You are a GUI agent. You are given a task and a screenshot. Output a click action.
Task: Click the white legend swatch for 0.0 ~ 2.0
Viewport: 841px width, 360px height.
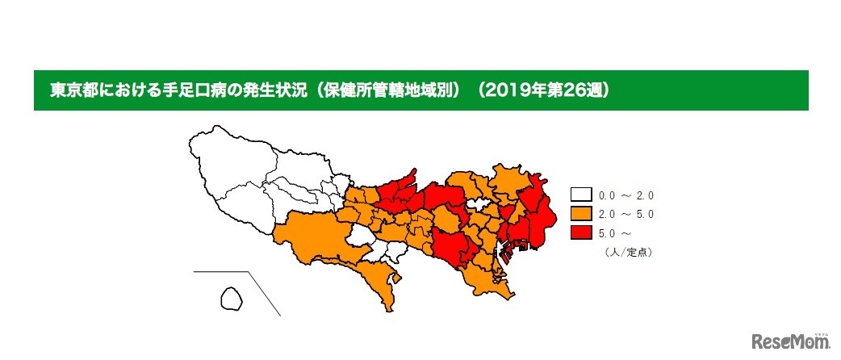(x=580, y=195)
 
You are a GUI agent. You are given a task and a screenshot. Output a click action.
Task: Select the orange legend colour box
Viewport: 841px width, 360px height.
(x=580, y=214)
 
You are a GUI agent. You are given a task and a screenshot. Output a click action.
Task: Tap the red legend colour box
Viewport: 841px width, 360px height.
(x=580, y=233)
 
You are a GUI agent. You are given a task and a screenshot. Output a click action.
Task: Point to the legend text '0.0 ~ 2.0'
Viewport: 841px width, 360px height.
(x=625, y=195)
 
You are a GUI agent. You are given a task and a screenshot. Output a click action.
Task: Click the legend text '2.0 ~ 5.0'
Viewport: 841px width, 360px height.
(x=625, y=215)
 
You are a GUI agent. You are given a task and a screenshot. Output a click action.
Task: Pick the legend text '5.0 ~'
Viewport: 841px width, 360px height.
(x=611, y=234)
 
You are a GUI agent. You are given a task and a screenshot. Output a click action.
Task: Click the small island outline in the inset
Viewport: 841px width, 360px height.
(x=232, y=299)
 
